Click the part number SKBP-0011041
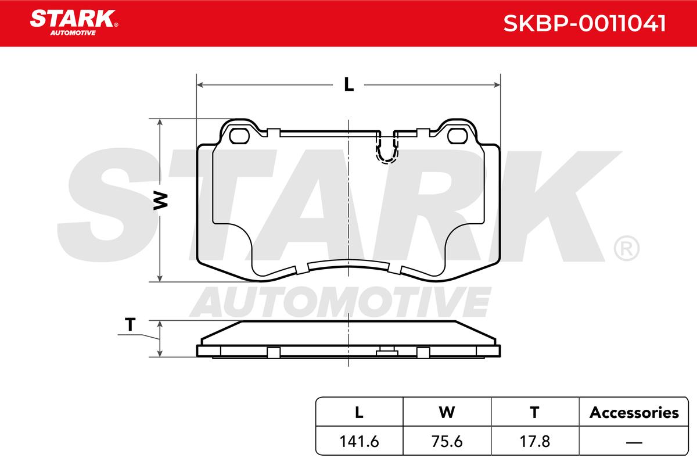584,23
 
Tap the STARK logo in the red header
74,23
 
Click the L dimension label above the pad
349,84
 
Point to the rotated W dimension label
160,201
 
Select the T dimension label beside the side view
130,324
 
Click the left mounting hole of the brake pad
239,136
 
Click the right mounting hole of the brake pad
458,136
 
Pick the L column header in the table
359,412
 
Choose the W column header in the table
447,412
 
